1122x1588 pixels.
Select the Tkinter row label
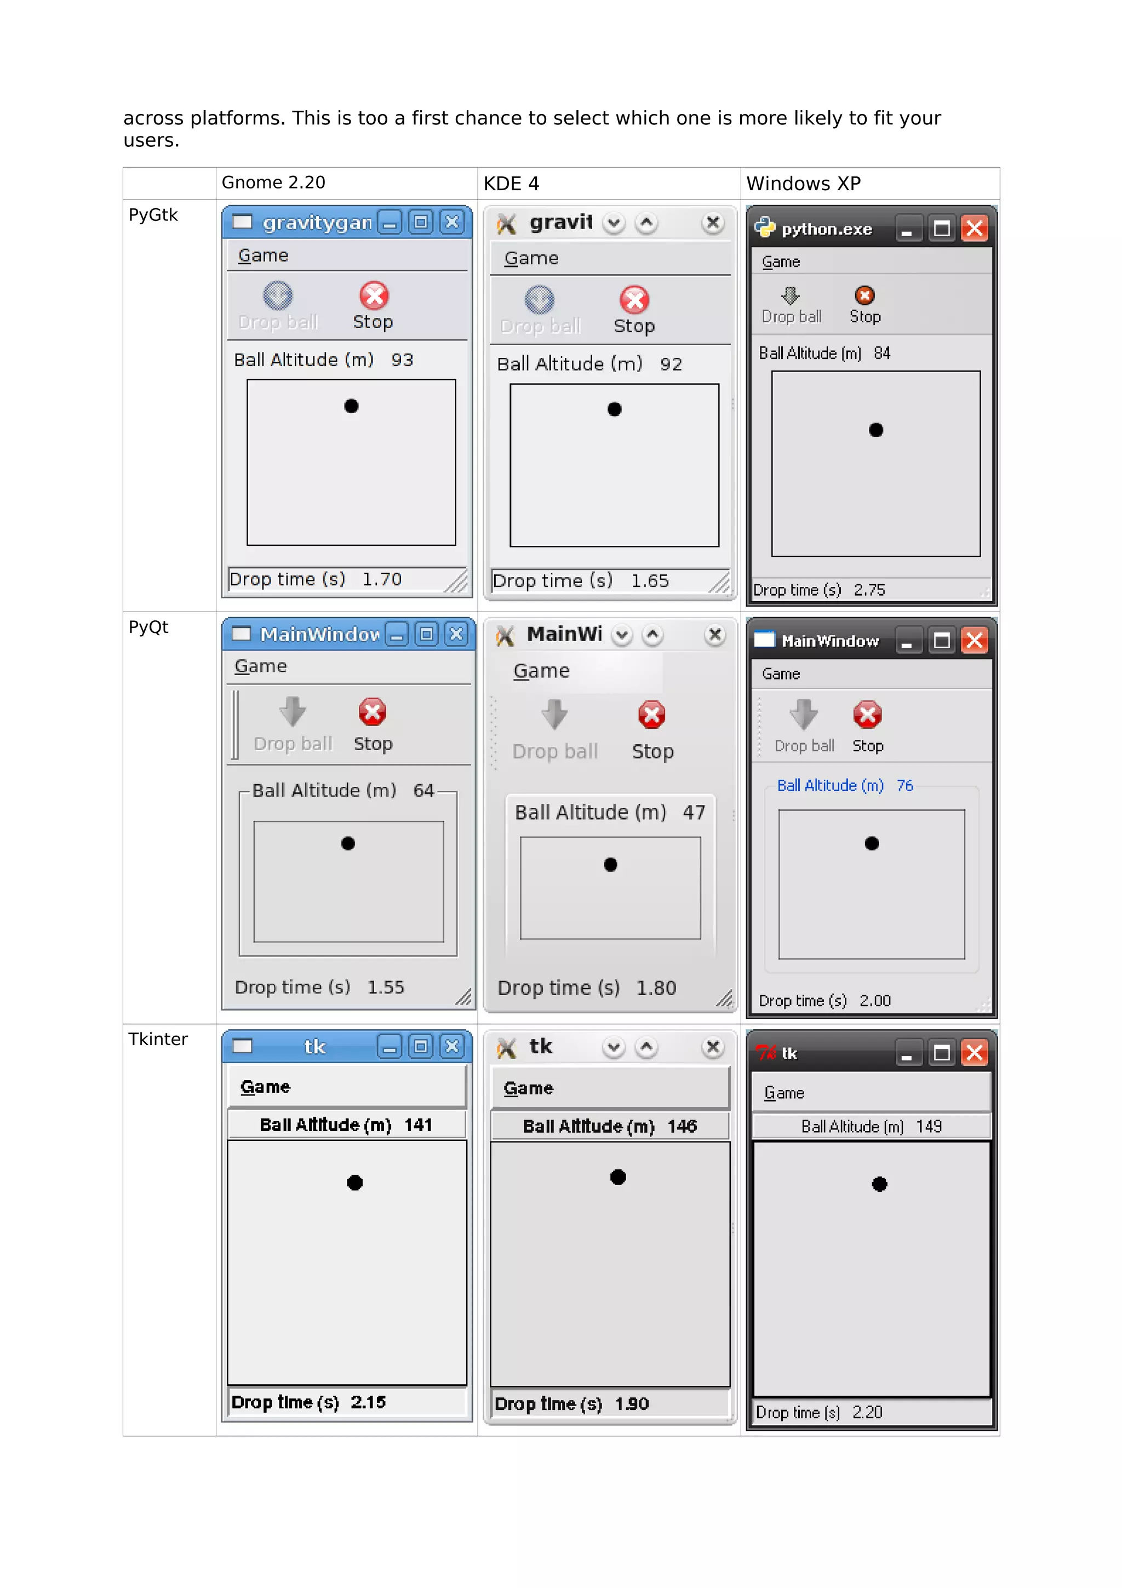[x=158, y=1039]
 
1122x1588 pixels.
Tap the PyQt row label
[x=148, y=627]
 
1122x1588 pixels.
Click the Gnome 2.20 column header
[x=273, y=182]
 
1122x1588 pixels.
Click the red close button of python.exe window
[x=974, y=229]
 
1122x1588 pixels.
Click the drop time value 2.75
[x=869, y=590]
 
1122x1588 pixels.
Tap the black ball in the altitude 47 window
[x=610, y=865]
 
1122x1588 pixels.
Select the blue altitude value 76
[x=905, y=786]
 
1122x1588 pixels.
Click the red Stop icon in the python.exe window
[x=864, y=295]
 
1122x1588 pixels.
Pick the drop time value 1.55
[x=386, y=987]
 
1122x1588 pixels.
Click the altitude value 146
[x=682, y=1127]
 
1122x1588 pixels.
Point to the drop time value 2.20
[x=867, y=1412]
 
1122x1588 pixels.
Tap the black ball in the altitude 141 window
[x=354, y=1183]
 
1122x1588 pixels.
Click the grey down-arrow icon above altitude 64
[x=293, y=711]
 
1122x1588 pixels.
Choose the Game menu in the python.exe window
[x=781, y=262]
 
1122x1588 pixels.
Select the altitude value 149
[x=929, y=1127]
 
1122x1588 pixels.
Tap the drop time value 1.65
[x=650, y=581]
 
